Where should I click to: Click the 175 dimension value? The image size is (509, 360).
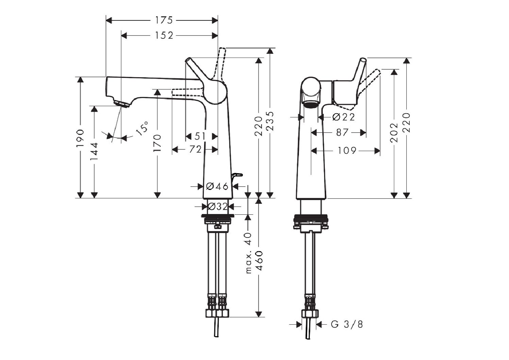164,20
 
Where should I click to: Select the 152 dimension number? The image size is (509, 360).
164,35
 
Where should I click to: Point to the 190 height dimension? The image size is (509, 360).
81,138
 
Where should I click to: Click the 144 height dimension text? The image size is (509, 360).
94,151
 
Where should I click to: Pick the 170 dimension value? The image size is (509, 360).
157,143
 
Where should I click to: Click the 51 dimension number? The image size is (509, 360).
200,136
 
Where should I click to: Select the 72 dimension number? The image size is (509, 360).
195,149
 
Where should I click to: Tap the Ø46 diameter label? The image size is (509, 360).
217,186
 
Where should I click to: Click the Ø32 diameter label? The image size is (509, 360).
217,207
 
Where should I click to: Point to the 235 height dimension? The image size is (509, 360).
270,121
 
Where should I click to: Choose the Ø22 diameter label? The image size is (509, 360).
343,117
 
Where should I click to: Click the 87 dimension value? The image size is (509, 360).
342,132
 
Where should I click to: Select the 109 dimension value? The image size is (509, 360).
347,150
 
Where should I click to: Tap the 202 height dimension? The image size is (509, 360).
394,133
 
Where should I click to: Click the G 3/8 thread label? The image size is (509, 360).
347,324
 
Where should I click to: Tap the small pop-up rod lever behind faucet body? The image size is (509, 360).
237,175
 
